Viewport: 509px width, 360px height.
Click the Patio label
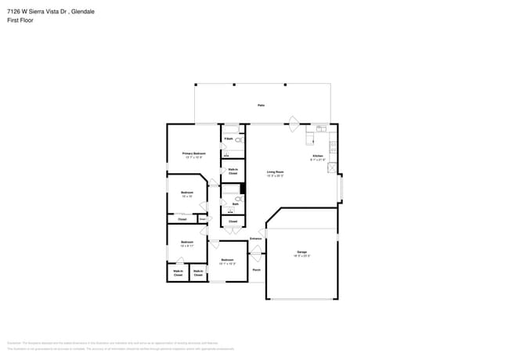[261, 104]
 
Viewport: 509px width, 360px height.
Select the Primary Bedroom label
[193, 155]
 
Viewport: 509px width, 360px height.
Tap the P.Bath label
[228, 139]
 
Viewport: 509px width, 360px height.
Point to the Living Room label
[275, 173]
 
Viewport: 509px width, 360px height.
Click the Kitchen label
[317, 157]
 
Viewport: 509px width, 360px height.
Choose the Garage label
[301, 252]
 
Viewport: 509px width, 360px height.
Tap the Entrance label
[256, 238]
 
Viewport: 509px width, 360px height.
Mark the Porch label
[256, 270]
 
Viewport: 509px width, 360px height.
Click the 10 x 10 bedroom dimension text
[187, 196]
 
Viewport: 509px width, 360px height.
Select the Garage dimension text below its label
[301, 256]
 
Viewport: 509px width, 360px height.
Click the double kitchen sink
[320, 128]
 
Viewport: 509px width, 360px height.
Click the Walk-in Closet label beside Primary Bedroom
[233, 171]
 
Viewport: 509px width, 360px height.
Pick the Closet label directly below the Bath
[233, 221]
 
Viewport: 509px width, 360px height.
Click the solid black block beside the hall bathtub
[242, 188]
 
